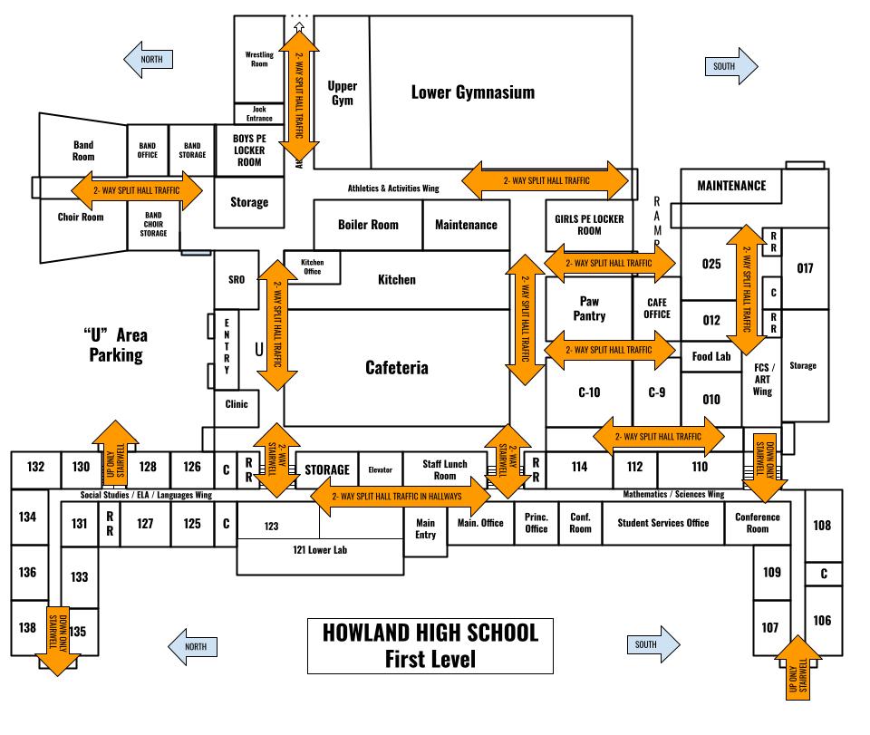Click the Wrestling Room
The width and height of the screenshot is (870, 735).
tap(259, 59)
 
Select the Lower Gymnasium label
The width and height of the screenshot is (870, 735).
tap(472, 92)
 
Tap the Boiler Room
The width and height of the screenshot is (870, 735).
tap(368, 224)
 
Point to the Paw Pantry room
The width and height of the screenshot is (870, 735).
tap(589, 308)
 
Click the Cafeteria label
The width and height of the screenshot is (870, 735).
tap(397, 367)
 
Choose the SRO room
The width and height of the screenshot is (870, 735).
tap(237, 279)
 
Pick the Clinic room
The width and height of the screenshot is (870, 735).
tap(237, 404)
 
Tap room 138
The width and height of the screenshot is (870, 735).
tap(27, 627)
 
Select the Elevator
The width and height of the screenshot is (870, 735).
tap(381, 469)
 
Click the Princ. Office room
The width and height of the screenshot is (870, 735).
tap(536, 522)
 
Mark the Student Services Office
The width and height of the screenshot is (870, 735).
tap(662, 523)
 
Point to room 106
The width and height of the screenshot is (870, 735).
tap(822, 621)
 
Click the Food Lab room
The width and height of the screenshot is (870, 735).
tap(711, 356)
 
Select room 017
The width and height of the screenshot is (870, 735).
tap(805, 268)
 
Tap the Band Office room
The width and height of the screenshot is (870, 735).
tap(148, 150)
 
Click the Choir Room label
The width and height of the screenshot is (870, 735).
tap(81, 218)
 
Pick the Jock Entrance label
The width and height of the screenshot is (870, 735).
tap(259, 113)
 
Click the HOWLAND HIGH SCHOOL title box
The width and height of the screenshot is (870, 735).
tap(430, 645)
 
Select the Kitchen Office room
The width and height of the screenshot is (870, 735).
tap(312, 266)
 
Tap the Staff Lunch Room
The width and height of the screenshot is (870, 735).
tap(445, 469)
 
